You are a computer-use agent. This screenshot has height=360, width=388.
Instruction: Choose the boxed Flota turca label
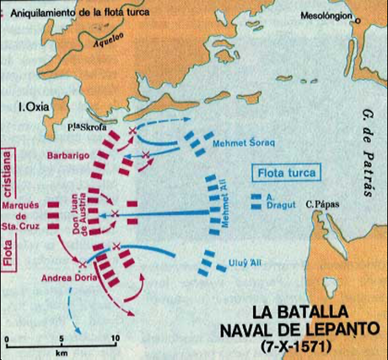click(286, 175)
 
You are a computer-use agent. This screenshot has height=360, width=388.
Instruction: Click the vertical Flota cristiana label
click(10, 211)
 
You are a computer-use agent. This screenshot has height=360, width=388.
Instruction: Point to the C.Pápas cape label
click(322, 203)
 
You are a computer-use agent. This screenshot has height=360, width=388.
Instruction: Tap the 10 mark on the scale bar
click(115, 338)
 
